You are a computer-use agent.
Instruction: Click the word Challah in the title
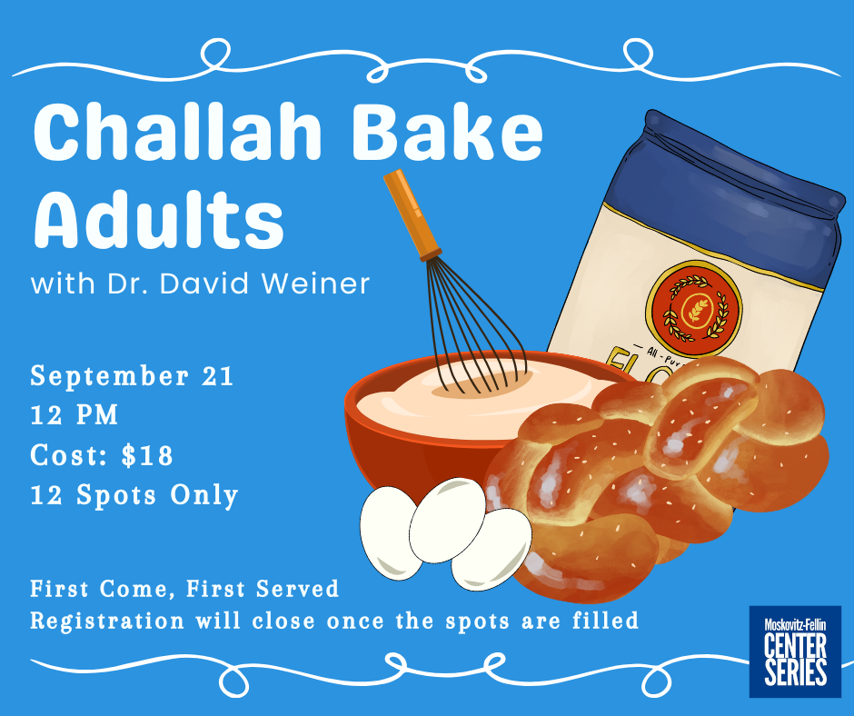point(177,132)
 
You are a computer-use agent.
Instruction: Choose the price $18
point(147,455)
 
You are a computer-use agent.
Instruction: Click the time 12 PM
point(74,415)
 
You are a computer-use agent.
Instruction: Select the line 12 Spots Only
point(134,495)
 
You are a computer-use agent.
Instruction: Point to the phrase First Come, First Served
point(184,589)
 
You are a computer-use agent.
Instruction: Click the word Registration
point(107,622)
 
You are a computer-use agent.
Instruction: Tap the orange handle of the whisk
point(412,214)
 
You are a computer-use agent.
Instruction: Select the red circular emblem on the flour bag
point(694,308)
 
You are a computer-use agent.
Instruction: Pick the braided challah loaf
point(656,480)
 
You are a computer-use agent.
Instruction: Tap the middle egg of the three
point(447,521)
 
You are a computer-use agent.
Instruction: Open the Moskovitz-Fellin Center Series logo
point(795,651)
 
